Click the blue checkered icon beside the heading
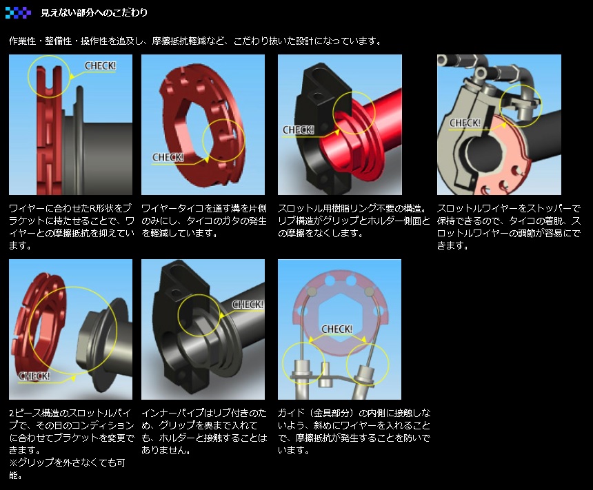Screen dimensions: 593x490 click(18, 12)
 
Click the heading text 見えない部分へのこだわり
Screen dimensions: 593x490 click(94, 12)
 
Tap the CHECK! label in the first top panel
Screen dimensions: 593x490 click(100, 65)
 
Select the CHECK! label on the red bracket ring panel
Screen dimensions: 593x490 click(168, 157)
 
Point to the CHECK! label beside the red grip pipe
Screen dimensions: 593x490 click(299, 130)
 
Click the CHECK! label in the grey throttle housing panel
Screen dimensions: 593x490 click(465, 123)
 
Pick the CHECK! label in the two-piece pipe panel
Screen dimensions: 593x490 click(34, 376)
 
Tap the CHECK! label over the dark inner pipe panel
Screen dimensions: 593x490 click(248, 305)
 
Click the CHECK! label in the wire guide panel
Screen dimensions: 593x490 click(337, 329)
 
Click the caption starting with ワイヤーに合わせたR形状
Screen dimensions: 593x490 click(72, 227)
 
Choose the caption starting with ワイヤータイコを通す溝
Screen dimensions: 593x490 click(204, 221)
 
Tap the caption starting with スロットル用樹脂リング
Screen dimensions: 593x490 click(354, 221)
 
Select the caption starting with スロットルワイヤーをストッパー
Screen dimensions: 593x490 click(509, 227)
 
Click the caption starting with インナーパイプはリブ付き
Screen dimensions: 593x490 click(204, 431)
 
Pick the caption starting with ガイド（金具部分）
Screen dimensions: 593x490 click(354, 431)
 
